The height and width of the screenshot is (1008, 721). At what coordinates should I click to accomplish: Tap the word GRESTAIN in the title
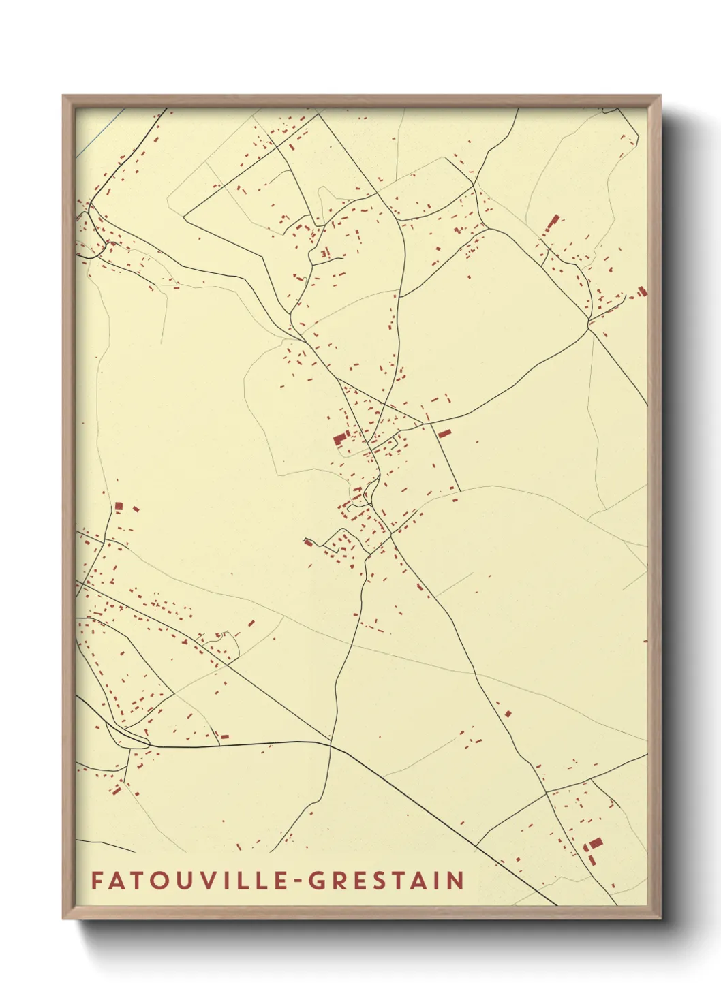point(386,881)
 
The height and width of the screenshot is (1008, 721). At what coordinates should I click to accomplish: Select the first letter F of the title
point(96,881)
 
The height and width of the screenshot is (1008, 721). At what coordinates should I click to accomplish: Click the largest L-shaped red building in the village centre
point(339,438)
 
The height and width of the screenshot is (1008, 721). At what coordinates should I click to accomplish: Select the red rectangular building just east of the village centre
point(444,433)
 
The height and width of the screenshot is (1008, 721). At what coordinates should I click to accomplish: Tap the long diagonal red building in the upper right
point(553,223)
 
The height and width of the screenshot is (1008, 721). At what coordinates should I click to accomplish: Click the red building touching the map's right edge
point(642,292)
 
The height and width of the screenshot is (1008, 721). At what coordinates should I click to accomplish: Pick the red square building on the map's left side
point(119,506)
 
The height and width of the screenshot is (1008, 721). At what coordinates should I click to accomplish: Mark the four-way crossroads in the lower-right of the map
point(547,792)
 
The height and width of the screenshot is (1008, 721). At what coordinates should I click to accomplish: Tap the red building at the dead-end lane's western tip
point(308,542)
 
